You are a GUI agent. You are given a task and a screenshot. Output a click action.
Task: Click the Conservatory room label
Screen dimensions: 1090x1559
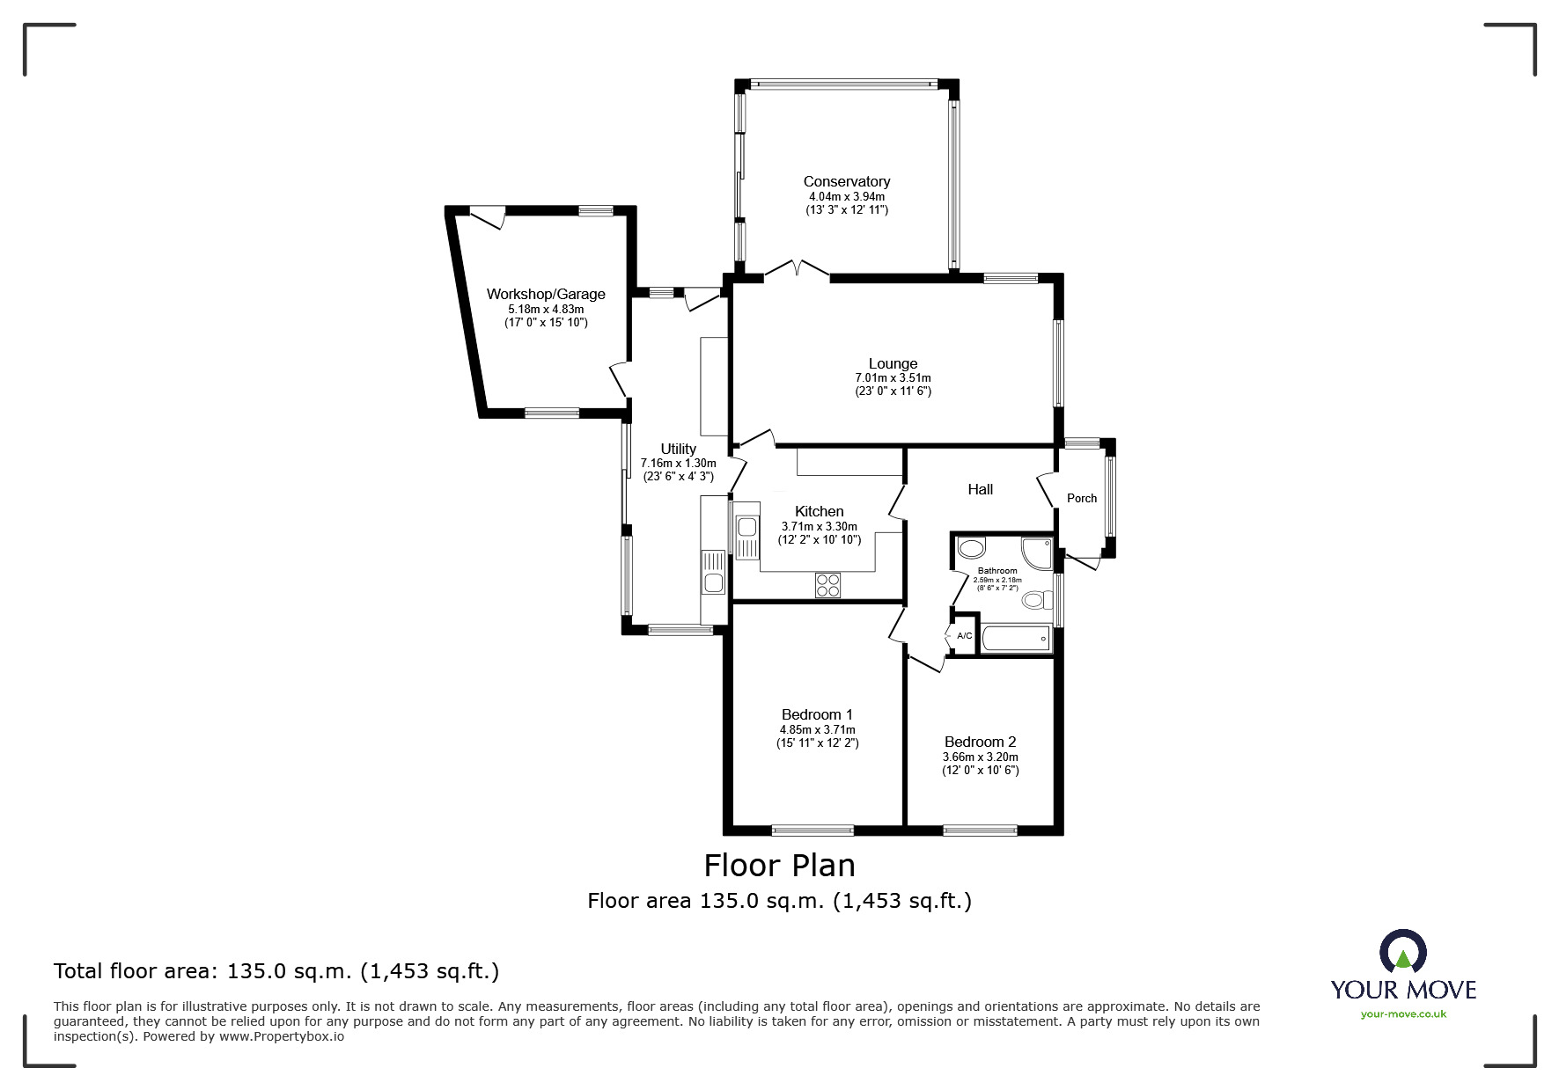pos(846,181)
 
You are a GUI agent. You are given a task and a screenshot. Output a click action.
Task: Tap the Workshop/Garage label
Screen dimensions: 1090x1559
pos(546,294)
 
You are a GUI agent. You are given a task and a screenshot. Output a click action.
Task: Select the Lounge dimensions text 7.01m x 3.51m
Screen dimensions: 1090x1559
pos(893,378)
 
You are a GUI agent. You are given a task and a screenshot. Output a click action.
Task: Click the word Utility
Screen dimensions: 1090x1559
pos(678,449)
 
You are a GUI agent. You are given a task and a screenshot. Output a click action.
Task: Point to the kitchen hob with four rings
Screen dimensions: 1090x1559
pos(827,585)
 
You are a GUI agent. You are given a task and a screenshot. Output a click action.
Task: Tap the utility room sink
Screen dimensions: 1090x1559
pos(713,582)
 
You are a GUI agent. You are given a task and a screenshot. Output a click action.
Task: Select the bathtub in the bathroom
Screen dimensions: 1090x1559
pos(1016,639)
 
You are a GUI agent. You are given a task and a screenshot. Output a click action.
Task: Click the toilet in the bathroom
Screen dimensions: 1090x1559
pos(1035,600)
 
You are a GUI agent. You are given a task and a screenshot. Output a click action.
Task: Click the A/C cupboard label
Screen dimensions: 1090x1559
pos(964,636)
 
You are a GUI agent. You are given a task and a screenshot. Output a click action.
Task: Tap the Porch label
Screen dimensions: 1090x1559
pos(1082,498)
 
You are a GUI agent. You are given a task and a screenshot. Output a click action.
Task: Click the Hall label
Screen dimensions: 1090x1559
pos(980,489)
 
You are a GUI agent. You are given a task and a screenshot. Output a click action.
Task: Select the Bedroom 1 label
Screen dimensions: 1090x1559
pos(817,714)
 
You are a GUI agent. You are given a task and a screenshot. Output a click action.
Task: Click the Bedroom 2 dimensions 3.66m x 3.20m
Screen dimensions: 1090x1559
pos(980,757)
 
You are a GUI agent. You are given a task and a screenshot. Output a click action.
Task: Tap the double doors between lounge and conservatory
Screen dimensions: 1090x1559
pos(797,270)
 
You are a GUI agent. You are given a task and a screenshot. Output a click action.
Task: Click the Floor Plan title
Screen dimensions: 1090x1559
pos(779,866)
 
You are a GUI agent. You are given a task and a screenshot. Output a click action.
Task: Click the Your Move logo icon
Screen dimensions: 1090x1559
pos(1402,952)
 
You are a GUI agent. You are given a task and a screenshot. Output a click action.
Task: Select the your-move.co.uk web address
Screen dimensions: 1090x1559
pos(1403,1014)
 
